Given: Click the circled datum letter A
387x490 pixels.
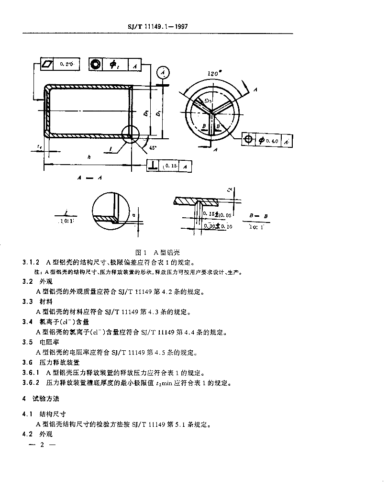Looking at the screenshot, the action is click(164, 72).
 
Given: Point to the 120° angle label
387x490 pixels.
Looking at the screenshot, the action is click(214, 73).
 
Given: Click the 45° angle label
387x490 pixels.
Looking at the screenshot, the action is click(153, 148).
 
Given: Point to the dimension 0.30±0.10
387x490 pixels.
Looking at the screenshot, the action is click(217, 226).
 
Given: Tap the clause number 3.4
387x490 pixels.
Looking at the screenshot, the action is click(27, 322).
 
